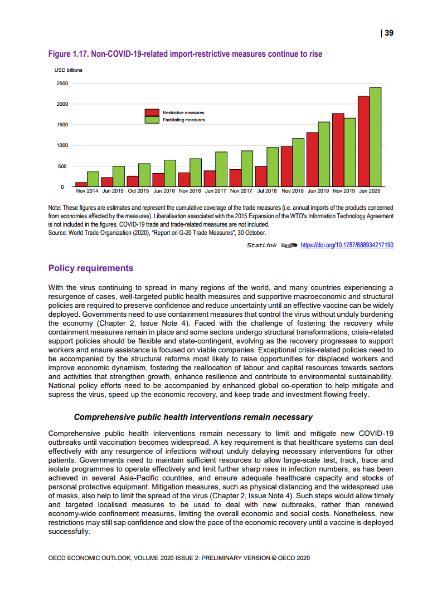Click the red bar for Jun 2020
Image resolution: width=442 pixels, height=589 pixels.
click(x=363, y=141)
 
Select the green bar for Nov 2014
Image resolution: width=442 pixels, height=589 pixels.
click(x=93, y=179)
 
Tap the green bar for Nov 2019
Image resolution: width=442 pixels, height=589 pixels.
click(x=349, y=152)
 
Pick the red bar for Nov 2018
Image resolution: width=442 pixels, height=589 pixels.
click(x=286, y=166)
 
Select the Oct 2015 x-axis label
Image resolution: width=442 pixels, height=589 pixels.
click(x=138, y=191)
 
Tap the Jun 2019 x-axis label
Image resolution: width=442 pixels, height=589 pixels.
click(x=318, y=191)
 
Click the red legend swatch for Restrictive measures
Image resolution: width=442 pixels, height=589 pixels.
click(x=153, y=112)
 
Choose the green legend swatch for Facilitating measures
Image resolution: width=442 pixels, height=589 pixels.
click(x=153, y=120)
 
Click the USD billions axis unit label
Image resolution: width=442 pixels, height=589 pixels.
click(x=68, y=70)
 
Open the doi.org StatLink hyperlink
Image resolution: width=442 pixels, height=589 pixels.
click(x=347, y=244)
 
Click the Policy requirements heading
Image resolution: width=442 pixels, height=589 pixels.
click(x=91, y=268)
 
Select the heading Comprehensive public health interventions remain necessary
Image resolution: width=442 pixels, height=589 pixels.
click(x=193, y=417)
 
